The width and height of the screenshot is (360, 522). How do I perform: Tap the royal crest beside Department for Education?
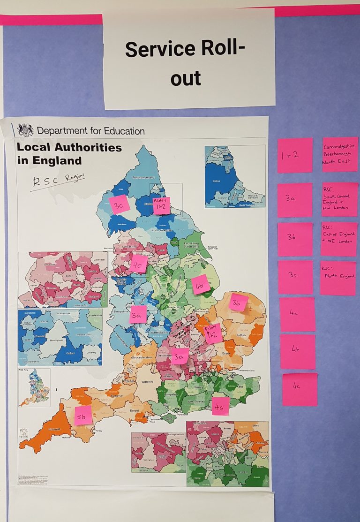(25, 130)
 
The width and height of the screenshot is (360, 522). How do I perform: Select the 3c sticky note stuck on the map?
(119, 204)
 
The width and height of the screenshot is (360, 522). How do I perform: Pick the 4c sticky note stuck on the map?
(139, 264)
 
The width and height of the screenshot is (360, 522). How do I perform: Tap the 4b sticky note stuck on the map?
(200, 285)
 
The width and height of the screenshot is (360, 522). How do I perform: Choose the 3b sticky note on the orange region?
(238, 302)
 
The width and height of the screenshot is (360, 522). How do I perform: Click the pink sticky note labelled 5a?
(138, 315)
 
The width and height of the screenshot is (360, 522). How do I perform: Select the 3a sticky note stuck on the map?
(179, 356)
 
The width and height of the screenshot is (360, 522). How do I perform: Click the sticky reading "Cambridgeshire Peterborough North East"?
(340, 154)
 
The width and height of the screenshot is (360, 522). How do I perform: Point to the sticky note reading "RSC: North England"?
(338, 278)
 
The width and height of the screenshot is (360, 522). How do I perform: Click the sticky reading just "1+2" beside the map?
(295, 155)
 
